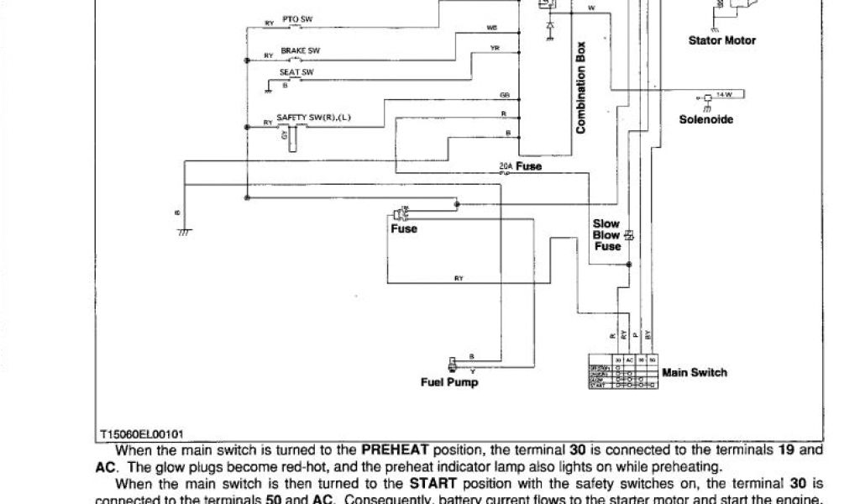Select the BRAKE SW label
(x=300, y=50)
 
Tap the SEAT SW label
(x=296, y=73)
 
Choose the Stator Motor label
(x=721, y=40)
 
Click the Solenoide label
(x=705, y=119)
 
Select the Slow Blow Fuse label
(x=606, y=235)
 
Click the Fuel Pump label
(x=449, y=383)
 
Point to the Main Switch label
(x=695, y=372)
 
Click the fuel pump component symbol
(x=454, y=363)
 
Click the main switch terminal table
(x=621, y=371)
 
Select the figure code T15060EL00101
(x=142, y=434)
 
